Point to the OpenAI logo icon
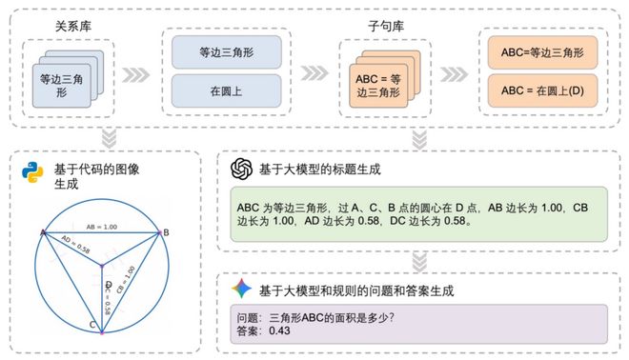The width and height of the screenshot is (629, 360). click(242, 169)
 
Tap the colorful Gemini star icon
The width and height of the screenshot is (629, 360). click(242, 287)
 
